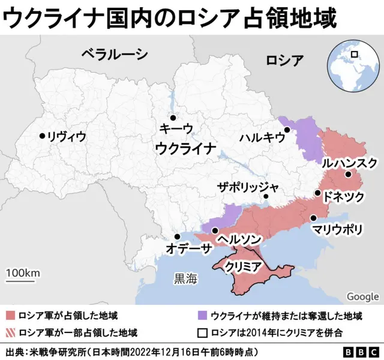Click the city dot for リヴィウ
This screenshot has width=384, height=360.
42,136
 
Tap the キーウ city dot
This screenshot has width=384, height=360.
172,118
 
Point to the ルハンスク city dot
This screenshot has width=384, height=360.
348,175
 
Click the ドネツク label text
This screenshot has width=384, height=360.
344,196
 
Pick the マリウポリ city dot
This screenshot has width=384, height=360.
313,218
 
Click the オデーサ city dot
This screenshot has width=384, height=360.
176,237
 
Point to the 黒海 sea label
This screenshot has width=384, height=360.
184,278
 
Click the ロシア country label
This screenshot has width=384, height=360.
284,59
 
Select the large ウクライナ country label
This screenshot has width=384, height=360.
185,148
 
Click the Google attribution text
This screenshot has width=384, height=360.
362,296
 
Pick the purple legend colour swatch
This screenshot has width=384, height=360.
202,316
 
